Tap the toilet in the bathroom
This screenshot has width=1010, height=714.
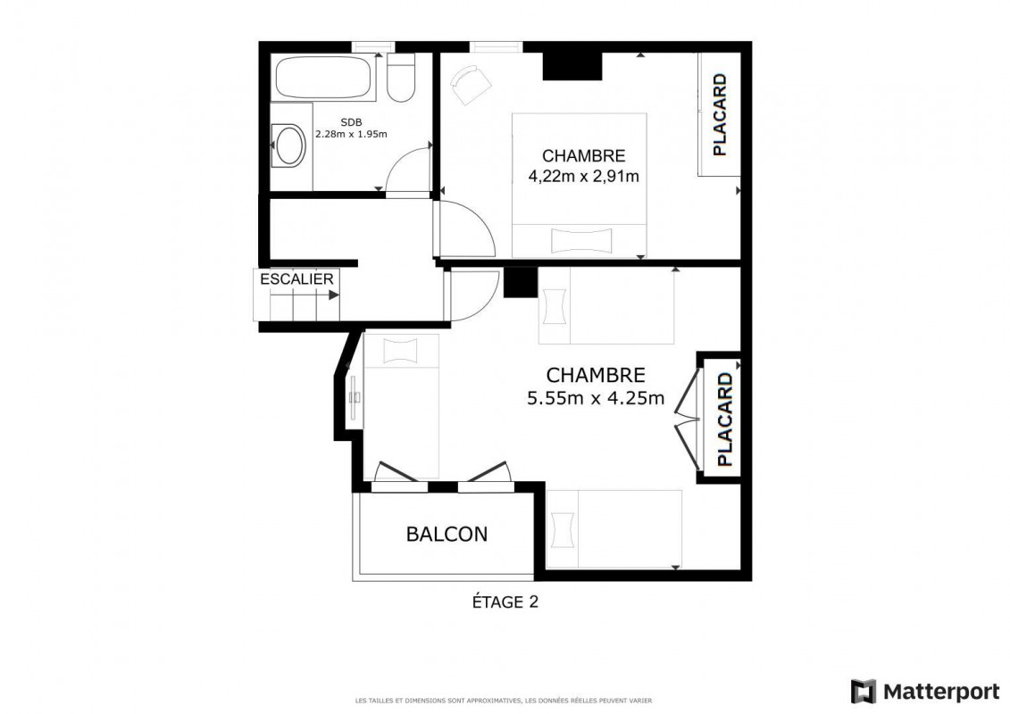point(401,78)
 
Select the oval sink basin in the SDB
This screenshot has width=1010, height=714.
point(290,145)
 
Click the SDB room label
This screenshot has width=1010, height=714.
point(351,122)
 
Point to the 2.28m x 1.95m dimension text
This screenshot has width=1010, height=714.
point(351,135)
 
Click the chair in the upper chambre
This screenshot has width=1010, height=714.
point(471,84)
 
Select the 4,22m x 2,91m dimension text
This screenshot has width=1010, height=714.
point(583,176)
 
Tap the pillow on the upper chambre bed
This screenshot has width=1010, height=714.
point(581,240)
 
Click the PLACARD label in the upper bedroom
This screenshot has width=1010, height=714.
point(720,114)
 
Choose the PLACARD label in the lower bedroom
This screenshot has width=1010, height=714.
point(724,419)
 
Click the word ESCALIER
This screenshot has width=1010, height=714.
point(297,279)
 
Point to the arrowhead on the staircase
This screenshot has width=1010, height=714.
point(334,295)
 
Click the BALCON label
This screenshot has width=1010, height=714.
point(447,535)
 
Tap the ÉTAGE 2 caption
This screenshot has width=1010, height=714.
point(505,602)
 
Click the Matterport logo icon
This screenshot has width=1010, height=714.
point(864,692)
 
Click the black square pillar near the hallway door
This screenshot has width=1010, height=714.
point(521,282)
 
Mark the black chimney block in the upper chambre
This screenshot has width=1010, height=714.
point(572,66)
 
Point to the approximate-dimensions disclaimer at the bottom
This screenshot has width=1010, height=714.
point(504,701)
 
